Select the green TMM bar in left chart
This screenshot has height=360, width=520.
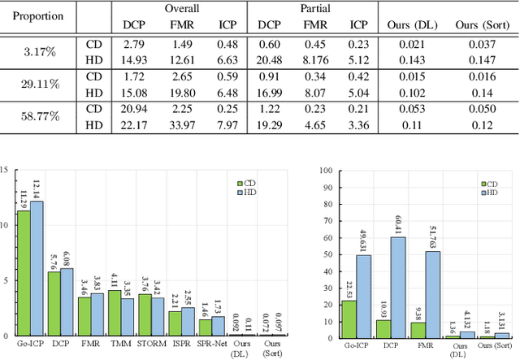pyautogui.click(x=115, y=313)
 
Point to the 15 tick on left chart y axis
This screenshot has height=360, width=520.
pyautogui.click(x=7, y=170)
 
